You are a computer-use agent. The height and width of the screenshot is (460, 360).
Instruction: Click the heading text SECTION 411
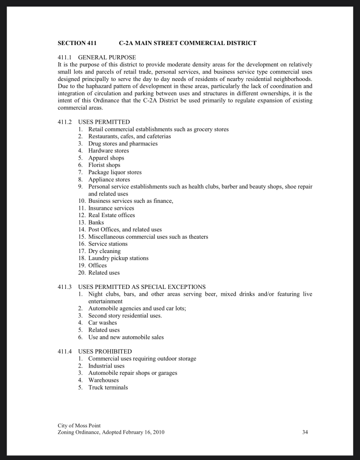coord(77,43)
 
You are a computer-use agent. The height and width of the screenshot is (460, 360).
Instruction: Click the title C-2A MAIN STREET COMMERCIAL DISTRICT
coord(188,43)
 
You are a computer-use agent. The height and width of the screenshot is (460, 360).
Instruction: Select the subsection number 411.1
coord(65,57)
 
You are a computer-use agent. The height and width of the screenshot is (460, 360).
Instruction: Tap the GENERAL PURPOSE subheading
coord(107,57)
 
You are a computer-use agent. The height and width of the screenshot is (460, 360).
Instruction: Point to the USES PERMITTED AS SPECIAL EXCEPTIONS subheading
coord(142,287)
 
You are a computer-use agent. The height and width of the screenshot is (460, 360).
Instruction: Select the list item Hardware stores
coord(109,151)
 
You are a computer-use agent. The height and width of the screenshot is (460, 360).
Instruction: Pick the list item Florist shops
coord(104,165)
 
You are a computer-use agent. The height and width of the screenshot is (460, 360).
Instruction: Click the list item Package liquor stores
coord(115,172)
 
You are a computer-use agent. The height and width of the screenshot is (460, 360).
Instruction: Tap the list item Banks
coord(96,223)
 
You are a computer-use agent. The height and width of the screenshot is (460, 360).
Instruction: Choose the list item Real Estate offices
coord(112,215)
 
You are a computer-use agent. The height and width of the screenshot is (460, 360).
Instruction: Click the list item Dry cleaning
coord(104,251)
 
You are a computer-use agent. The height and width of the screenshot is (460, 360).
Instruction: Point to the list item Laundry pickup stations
coord(118,259)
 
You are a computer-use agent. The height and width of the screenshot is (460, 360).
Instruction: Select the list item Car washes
coord(103,323)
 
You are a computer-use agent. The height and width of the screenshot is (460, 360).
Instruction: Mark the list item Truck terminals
coord(108,388)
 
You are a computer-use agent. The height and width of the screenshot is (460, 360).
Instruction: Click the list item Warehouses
coord(103,380)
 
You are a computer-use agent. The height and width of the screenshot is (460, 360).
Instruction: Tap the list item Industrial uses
coord(106,366)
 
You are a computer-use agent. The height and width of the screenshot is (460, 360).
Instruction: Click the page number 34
coord(305,432)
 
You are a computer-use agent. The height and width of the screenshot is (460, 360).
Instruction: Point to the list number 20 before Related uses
coord(81,273)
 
